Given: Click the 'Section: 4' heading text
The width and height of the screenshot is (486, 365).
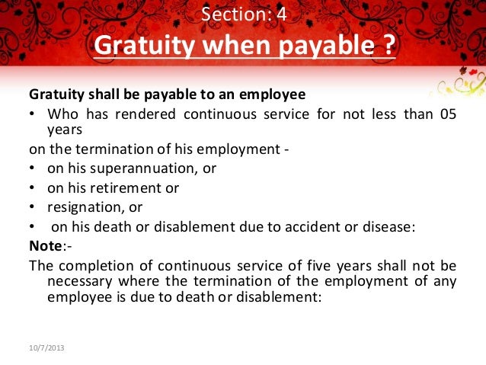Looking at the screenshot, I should [x=244, y=14].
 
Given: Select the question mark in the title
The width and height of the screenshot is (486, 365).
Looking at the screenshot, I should [x=388, y=48].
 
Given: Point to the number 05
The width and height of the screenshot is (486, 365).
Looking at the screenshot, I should [x=447, y=114].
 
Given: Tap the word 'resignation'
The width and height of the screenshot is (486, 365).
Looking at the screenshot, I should [x=82, y=206].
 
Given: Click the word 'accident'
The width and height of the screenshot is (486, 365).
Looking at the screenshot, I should [x=297, y=226].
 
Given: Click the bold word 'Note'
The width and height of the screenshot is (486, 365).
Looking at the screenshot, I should [x=43, y=245].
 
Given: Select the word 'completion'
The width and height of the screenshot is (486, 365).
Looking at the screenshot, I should [x=96, y=265].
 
